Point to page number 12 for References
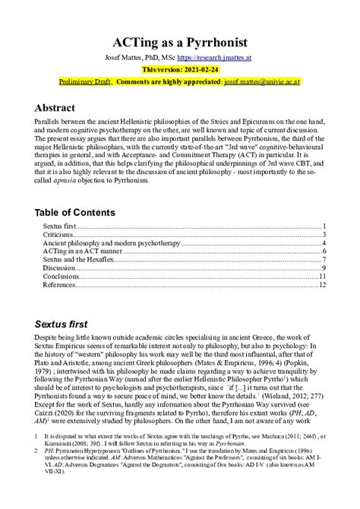(x=322, y=286)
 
